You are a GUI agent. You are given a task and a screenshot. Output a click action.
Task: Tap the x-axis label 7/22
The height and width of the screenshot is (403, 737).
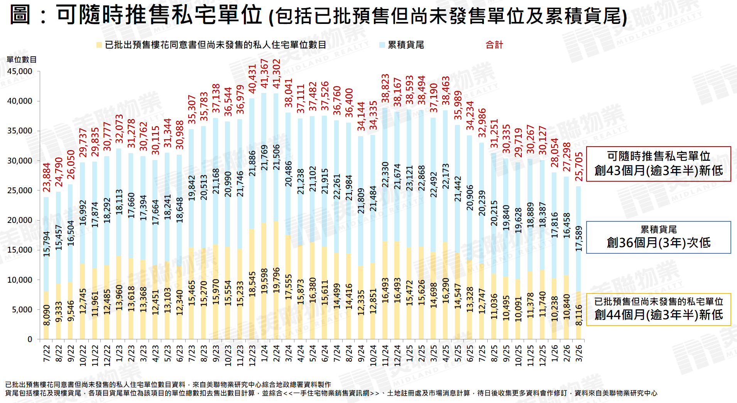tap(47, 353)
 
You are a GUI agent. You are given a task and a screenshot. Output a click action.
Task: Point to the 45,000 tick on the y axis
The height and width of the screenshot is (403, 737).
tap(20, 71)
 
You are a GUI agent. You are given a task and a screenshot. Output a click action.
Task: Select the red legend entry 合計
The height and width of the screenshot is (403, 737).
tap(494, 45)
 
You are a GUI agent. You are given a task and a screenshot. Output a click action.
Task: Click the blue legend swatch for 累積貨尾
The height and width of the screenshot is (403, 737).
tap(382, 45)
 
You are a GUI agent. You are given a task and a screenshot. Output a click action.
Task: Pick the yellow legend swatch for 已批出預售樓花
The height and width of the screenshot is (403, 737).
tap(99, 45)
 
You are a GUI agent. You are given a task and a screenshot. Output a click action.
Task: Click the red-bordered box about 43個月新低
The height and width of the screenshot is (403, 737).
tap(658, 164)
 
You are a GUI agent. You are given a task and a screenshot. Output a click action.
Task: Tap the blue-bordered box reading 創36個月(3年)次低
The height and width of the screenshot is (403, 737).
tap(658, 237)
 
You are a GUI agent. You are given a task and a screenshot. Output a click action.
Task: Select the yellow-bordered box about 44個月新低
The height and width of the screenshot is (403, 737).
tap(658, 309)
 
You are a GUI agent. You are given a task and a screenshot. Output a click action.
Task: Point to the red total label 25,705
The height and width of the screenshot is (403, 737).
tap(579, 167)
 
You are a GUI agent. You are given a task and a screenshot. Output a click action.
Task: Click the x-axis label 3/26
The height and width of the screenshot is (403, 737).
tap(579, 353)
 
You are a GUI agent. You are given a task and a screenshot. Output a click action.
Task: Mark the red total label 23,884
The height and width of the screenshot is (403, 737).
tap(47, 177)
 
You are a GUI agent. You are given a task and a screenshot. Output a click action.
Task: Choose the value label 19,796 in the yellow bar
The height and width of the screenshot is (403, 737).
tap(276, 280)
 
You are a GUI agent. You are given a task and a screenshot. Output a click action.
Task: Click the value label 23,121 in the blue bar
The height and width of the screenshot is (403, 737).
tap(409, 178)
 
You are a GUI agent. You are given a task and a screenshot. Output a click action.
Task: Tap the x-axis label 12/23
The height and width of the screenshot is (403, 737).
tap(252, 355)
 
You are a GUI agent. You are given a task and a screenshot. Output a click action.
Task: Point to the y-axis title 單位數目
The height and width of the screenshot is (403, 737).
tap(22, 59)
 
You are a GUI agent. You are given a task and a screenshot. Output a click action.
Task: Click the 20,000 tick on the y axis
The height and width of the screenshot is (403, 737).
tap(20, 220)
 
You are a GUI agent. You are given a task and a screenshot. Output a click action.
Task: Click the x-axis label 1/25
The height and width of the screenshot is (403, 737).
tap(409, 353)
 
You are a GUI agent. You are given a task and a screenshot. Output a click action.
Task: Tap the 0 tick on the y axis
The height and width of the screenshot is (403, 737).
tap(30, 339)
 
